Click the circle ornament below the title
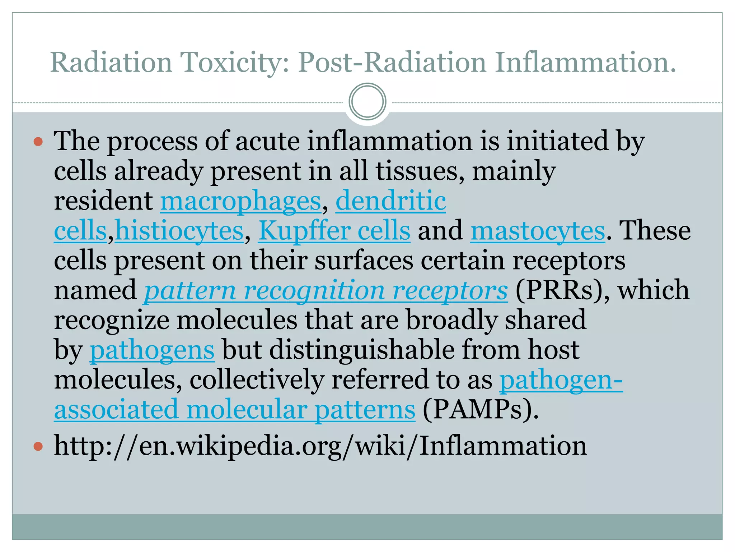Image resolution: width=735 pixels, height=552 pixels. point(367,102)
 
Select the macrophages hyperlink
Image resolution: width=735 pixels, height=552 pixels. point(240,201)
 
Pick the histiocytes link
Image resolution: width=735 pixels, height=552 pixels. point(179,231)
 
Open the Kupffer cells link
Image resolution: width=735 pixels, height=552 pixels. point(334,231)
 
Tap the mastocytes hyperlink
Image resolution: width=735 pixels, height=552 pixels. point(538,231)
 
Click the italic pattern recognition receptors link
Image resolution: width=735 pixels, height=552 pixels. point(326,290)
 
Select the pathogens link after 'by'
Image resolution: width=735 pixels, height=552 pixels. point(152,350)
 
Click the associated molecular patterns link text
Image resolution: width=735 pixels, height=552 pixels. point(235,410)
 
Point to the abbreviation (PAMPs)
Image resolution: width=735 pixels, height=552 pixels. point(481,410)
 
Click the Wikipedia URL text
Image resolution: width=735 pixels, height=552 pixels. point(320,446)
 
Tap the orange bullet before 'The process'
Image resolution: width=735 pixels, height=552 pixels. point(38,141)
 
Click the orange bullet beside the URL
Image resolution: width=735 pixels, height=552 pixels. point(38,447)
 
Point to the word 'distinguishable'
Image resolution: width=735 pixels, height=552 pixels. point(362,350)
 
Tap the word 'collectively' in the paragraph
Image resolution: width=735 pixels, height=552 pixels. point(257,380)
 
